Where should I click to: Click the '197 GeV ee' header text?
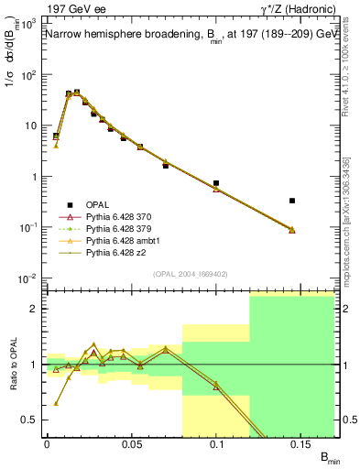(72, 9)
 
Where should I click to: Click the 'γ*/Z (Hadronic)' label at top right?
(294, 9)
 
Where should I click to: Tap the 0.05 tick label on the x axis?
(131, 442)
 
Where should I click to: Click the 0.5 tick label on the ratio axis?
(32, 420)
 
